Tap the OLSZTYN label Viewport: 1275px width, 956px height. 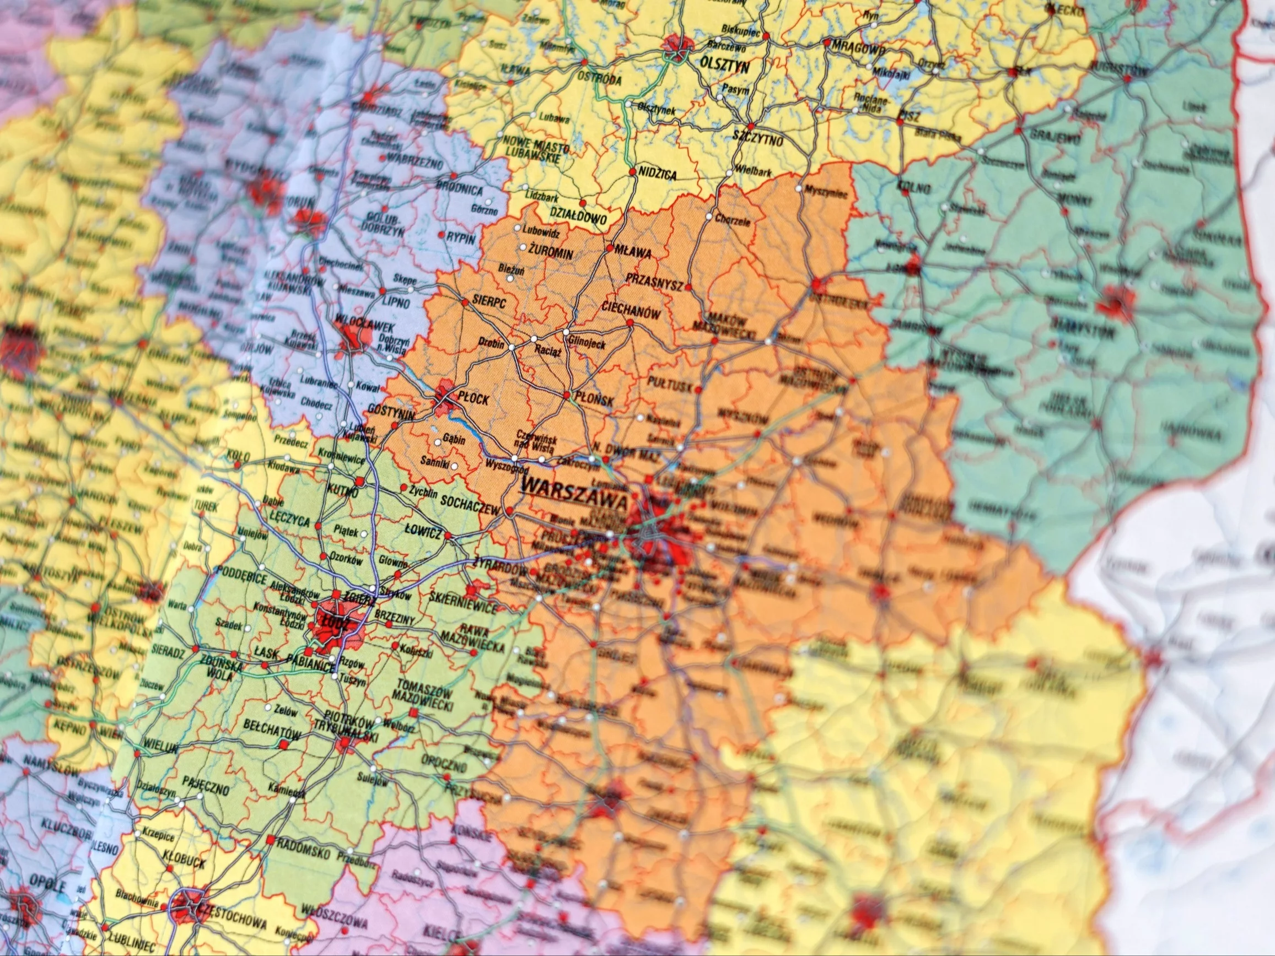724,63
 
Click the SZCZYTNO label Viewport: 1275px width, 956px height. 757,139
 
